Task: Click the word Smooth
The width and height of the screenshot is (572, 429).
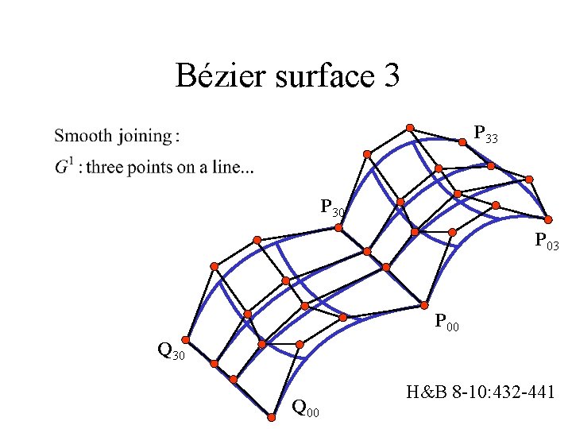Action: point(83,136)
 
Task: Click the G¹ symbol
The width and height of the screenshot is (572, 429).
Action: point(64,167)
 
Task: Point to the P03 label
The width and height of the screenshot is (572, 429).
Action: point(547,240)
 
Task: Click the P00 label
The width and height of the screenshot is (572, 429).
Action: point(447,322)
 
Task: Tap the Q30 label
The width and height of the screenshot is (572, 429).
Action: point(171,350)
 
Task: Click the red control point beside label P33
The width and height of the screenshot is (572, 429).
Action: point(462,143)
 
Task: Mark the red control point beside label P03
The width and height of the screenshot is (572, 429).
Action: point(547,218)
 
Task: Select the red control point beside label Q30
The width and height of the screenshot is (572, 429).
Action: point(188,338)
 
